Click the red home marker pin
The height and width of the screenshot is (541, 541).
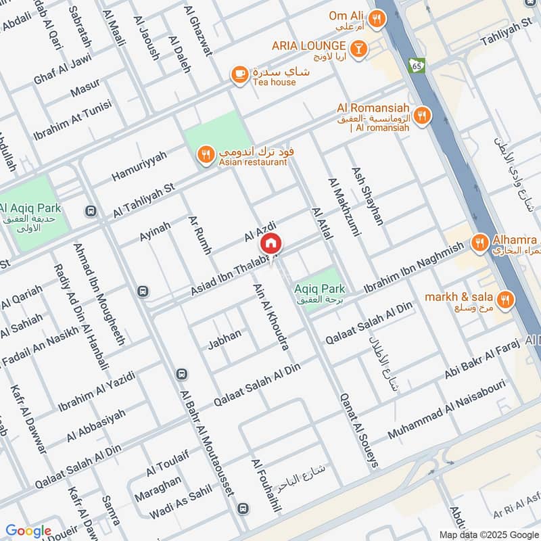270,243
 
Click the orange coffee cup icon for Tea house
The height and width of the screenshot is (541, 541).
238,75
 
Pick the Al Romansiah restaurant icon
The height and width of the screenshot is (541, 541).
422,115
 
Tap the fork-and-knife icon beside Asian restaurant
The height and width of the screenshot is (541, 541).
205,156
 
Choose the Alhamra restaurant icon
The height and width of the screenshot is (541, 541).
479,241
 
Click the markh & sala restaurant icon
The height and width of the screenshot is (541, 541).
504,299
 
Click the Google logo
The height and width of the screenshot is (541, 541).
28,531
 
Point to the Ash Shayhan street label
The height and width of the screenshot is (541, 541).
367,196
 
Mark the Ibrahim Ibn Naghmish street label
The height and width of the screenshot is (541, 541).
414,268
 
